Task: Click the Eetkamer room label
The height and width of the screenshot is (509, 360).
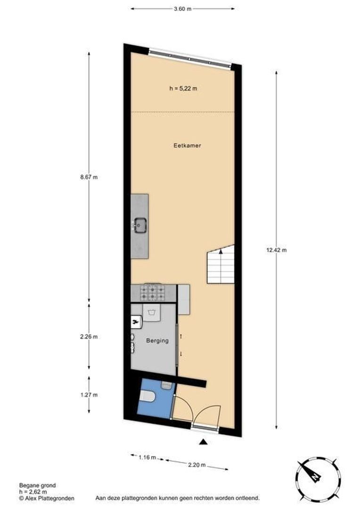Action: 187,146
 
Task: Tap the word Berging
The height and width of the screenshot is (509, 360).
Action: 157,341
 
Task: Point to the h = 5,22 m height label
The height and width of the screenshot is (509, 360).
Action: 183,88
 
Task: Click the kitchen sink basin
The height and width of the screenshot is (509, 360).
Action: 140,225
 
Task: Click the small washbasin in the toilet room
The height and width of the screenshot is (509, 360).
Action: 166,386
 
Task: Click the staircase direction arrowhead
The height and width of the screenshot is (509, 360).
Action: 221,253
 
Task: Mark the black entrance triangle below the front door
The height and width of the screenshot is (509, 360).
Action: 203,442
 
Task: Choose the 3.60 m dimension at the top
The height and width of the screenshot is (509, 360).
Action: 182,8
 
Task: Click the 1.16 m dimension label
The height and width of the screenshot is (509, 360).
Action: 147,457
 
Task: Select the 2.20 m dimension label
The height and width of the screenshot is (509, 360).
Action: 197,465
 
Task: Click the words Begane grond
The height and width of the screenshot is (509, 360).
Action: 37,485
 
